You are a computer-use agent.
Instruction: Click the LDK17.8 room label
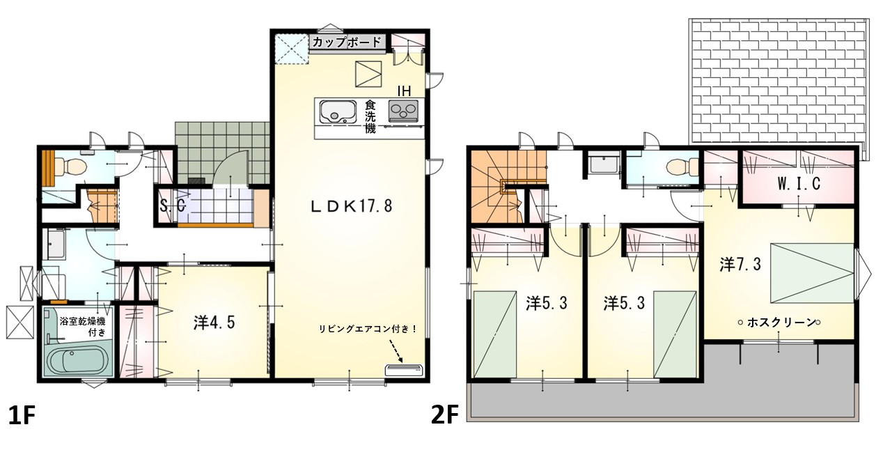[352, 206]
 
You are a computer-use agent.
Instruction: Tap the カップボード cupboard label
[347, 42]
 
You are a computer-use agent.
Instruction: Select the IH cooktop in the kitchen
[403, 111]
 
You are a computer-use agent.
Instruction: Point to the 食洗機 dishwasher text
[370, 117]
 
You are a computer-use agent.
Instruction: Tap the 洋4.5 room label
[214, 323]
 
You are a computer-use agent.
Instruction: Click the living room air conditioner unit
[404, 370]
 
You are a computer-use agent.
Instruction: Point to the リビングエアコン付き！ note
[368, 329]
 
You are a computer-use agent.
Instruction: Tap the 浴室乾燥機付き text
[83, 327]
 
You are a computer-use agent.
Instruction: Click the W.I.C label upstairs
[799, 183]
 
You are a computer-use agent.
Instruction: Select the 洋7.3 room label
[740, 264]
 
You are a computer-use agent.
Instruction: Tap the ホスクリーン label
[780, 323]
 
